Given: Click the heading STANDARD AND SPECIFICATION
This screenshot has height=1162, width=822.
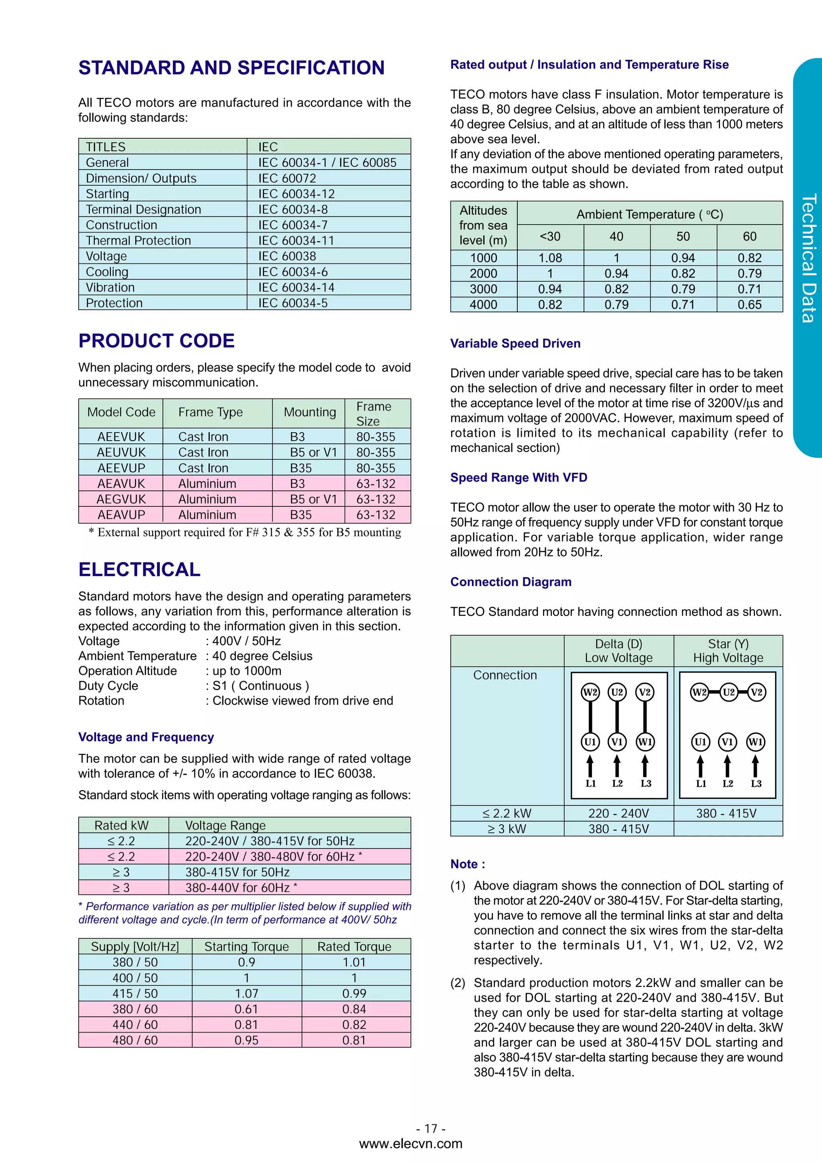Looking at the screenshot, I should click(232, 68).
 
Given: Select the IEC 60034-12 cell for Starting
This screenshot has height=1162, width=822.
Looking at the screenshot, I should click(296, 194).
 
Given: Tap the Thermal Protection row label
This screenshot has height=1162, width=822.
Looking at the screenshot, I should click(138, 241).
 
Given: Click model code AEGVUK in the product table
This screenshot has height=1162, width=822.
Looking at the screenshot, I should click(121, 499).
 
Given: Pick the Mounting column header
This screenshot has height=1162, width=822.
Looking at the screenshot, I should click(309, 413).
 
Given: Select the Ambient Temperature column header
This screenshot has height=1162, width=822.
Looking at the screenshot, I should click(649, 215).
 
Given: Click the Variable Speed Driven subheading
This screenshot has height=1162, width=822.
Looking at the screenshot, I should click(515, 344).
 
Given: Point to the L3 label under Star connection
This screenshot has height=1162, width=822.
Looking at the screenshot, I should click(756, 784).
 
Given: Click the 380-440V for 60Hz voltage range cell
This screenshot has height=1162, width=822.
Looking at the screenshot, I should click(241, 888).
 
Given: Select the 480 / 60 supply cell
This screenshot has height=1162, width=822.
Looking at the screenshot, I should click(135, 1040).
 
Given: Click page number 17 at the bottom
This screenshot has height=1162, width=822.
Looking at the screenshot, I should click(431, 1129).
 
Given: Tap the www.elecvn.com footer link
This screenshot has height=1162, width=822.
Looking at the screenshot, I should click(410, 1144).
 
